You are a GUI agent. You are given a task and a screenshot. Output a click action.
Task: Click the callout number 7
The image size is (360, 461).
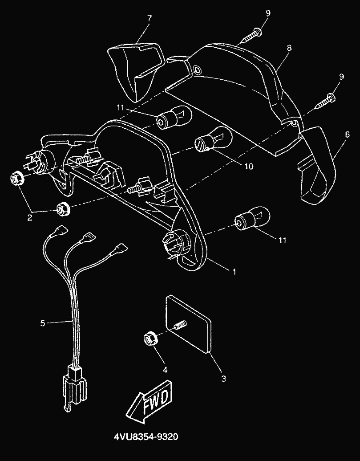click(x=150, y=18)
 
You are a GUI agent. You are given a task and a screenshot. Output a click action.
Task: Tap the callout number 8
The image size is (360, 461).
click(x=289, y=48)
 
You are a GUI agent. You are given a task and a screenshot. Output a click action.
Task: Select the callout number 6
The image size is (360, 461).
click(x=348, y=135)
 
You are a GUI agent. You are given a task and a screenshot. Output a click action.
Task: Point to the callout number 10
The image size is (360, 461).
click(x=248, y=167)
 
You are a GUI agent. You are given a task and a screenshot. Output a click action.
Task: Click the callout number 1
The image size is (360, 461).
click(x=235, y=272)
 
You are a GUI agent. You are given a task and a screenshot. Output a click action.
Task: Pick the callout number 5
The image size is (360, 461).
click(x=43, y=323)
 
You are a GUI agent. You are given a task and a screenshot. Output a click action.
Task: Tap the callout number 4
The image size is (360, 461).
click(x=165, y=370)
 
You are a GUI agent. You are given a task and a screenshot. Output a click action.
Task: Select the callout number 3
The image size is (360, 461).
click(x=223, y=379)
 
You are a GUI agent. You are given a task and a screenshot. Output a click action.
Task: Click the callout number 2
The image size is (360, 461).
click(x=30, y=218)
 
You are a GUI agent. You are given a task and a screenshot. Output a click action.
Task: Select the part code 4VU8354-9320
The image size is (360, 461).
click(x=146, y=437)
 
